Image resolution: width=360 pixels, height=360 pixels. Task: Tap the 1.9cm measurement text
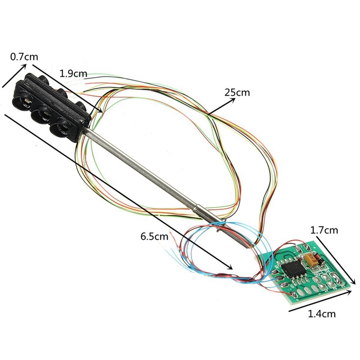pos(73,73)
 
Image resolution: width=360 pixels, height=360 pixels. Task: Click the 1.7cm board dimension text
pos(324,230)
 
